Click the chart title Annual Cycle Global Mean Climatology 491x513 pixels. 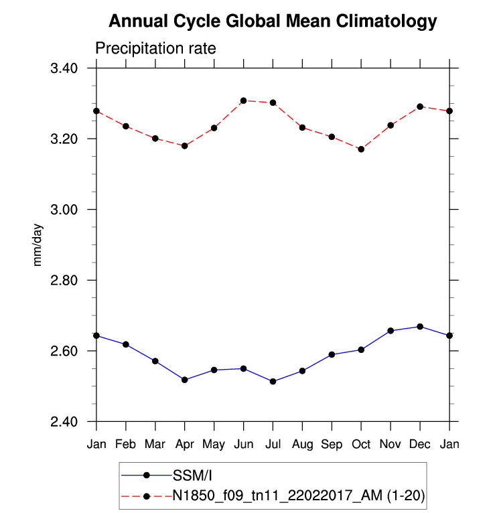coord(272,22)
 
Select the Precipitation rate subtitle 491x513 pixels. coord(155,49)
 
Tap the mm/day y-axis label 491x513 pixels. coord(38,244)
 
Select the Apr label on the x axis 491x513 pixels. coord(184,445)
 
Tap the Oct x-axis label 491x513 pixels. coord(361,445)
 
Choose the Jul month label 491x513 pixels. coord(273,445)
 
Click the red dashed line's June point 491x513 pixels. coord(244,100)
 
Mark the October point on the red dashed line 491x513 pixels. coord(361,149)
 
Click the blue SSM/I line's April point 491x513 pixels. coord(185,380)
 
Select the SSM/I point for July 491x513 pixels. coord(273,381)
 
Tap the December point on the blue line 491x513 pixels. coord(420,327)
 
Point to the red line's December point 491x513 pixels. coord(420,106)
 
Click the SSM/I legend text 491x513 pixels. coord(192,475)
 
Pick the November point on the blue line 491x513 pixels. coord(391,331)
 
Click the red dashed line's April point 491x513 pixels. coord(185,146)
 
